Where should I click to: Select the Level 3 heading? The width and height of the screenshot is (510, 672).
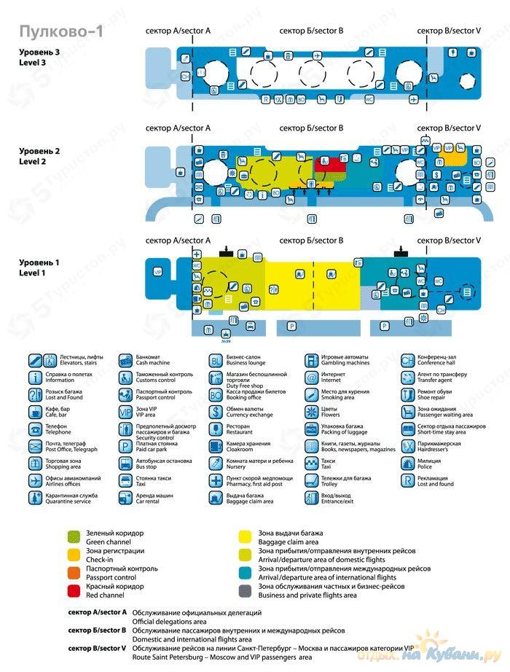(40, 58)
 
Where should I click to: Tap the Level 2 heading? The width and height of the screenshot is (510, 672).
(40, 156)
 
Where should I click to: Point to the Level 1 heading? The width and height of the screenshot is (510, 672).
(40, 267)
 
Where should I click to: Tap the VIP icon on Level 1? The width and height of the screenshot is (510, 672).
(157, 272)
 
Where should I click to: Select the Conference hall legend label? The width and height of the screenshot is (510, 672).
(441, 363)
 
